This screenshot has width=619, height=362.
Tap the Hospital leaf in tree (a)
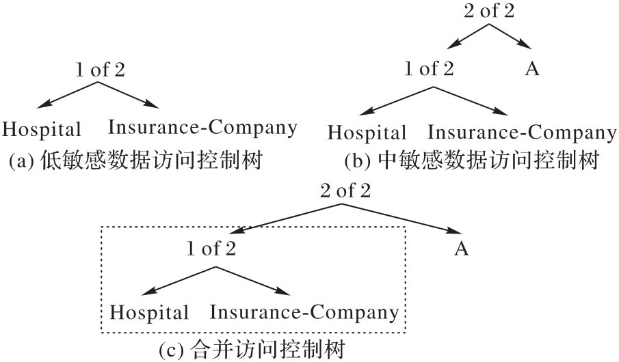[x=42, y=128]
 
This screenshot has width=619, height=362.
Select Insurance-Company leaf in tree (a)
[x=202, y=128]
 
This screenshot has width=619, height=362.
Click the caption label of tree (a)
[x=135, y=161]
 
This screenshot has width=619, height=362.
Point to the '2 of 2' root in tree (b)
[x=488, y=11]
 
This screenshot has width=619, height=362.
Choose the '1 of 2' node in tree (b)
[x=427, y=69]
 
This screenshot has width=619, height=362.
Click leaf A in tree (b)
[x=531, y=70]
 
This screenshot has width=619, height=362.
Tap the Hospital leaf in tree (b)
[x=367, y=132]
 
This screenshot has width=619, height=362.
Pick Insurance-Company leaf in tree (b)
[x=522, y=132]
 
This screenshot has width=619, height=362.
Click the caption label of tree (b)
[x=471, y=161]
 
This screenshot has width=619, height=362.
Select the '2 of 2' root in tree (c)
[x=345, y=191]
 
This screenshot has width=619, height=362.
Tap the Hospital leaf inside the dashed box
[x=149, y=313]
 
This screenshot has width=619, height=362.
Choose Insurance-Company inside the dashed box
[x=304, y=313]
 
